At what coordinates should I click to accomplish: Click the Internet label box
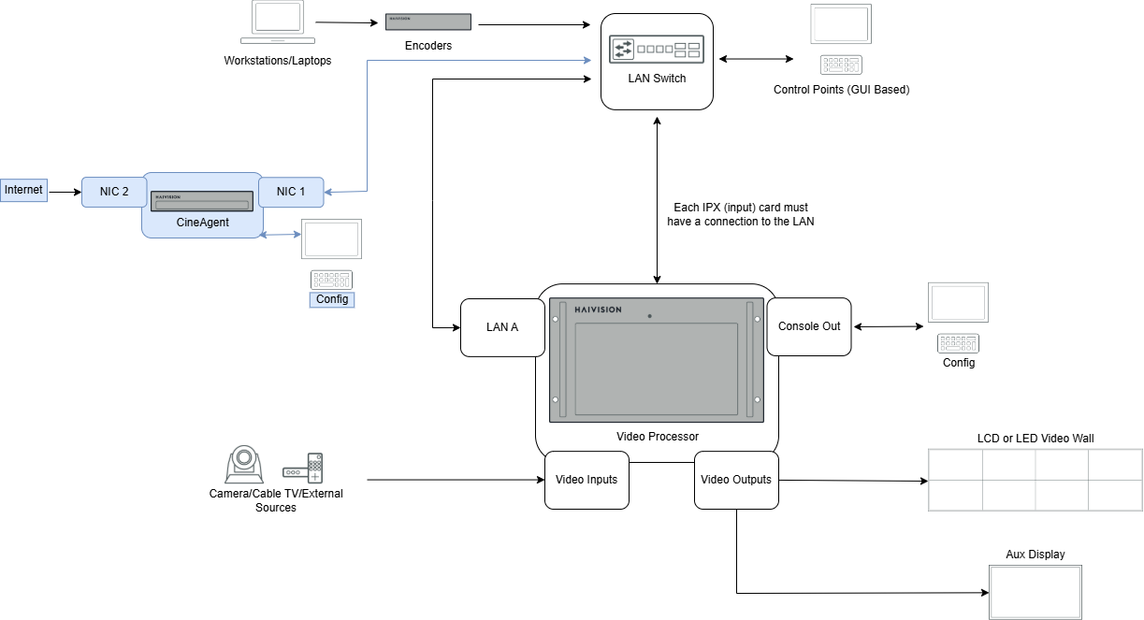pyautogui.click(x=23, y=191)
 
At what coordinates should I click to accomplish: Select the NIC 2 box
pyautogui.click(x=114, y=192)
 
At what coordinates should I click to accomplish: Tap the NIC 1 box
pyautogui.click(x=291, y=192)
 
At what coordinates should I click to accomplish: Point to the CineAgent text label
pyautogui.click(x=202, y=223)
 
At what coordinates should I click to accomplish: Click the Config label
pyautogui.click(x=332, y=299)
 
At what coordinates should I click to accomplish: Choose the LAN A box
pyautogui.click(x=502, y=327)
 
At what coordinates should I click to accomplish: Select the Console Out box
pyautogui.click(x=809, y=326)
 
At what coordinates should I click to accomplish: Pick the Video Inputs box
pyautogui.click(x=586, y=480)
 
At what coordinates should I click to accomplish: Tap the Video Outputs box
pyautogui.click(x=736, y=480)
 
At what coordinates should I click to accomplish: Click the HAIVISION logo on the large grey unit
pyautogui.click(x=598, y=310)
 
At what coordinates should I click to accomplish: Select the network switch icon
pyautogui.click(x=657, y=50)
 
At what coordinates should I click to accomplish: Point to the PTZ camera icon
pyautogui.click(x=244, y=465)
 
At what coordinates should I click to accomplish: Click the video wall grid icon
pyautogui.click(x=1035, y=480)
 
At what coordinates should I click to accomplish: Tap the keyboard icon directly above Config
pyautogui.click(x=331, y=280)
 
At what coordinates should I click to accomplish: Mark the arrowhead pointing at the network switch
pyautogui.click(x=587, y=61)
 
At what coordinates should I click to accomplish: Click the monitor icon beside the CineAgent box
pyautogui.click(x=331, y=239)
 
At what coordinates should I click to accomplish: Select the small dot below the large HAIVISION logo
pyautogui.click(x=649, y=316)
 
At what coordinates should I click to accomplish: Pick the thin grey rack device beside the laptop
pyautogui.click(x=428, y=22)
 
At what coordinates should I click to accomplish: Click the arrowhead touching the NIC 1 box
pyautogui.click(x=328, y=192)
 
